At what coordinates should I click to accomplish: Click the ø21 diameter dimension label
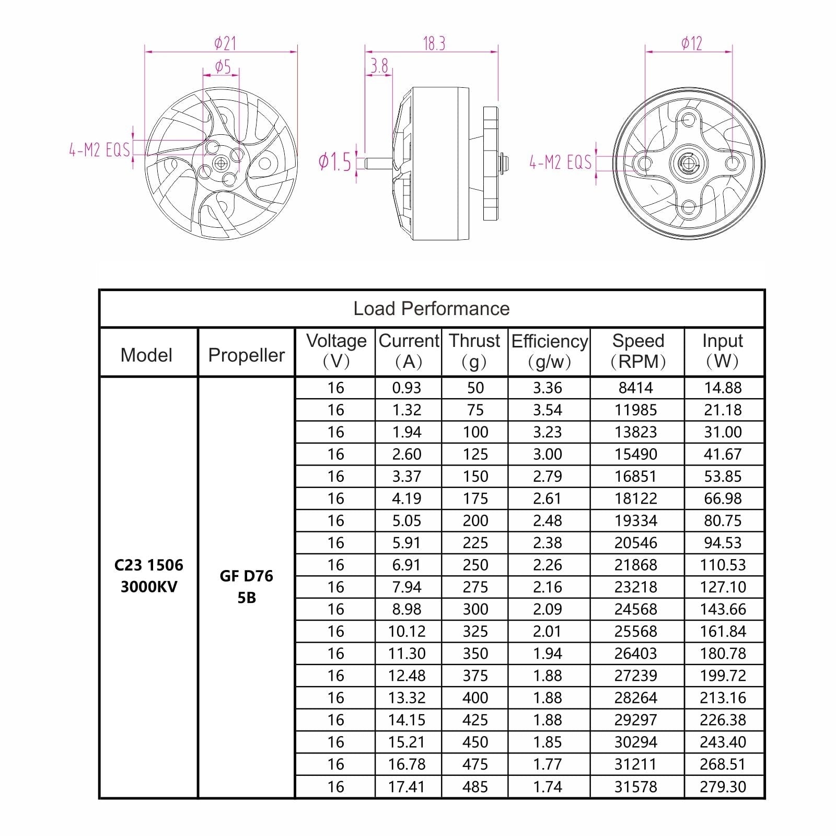pos(225,43)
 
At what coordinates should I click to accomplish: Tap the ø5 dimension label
pos(223,67)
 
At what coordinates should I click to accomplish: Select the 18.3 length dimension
pos(434,43)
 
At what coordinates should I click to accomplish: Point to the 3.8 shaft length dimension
pos(379,66)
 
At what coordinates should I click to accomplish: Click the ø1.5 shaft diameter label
pos(335,162)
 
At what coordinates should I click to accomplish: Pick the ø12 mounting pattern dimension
pos(691,43)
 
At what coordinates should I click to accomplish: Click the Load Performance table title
pos(431,309)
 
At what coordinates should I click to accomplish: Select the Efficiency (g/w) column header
pos(549,351)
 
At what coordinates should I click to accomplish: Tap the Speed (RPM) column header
pos(637,351)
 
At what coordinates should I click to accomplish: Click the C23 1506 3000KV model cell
pos(148,576)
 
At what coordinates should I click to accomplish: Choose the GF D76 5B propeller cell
pos(246,586)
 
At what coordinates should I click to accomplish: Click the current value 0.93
pos(407,388)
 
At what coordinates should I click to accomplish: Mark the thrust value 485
pos(475,786)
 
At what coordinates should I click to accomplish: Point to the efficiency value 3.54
pos(548,410)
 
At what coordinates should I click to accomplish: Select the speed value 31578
pos(636,786)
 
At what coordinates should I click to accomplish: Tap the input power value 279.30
pos(723,786)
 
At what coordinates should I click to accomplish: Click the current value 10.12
pos(407,631)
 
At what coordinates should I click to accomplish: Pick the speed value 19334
pos(636,520)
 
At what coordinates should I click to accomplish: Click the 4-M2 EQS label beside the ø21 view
pos(99,150)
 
